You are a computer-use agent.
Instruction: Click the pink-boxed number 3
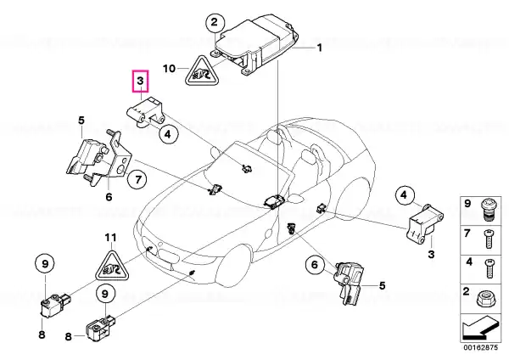pyautogui.click(x=140, y=82)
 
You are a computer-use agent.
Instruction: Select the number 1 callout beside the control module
pyautogui.click(x=320, y=48)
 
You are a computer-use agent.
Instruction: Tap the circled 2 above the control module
pyautogui.click(x=215, y=22)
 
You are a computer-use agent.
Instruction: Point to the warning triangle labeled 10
pyautogui.click(x=202, y=70)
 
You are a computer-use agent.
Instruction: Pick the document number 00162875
pyautogui.click(x=480, y=347)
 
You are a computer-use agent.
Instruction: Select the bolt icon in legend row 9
pyautogui.click(x=486, y=210)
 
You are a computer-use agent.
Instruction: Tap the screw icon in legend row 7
pyautogui.click(x=489, y=239)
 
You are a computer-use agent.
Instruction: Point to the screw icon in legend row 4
pyautogui.click(x=489, y=268)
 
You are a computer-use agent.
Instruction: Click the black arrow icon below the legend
pyautogui.click(x=479, y=329)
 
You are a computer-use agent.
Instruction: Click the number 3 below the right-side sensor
pyautogui.click(x=431, y=254)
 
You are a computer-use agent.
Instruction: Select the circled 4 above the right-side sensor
pyautogui.click(x=403, y=195)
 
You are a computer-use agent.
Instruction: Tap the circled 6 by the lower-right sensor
pyautogui.click(x=315, y=264)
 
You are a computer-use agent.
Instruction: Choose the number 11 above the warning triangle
pyautogui.click(x=109, y=238)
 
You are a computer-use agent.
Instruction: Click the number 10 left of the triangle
pyautogui.click(x=169, y=69)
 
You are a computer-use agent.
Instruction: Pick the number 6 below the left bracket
pyautogui.click(x=109, y=197)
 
